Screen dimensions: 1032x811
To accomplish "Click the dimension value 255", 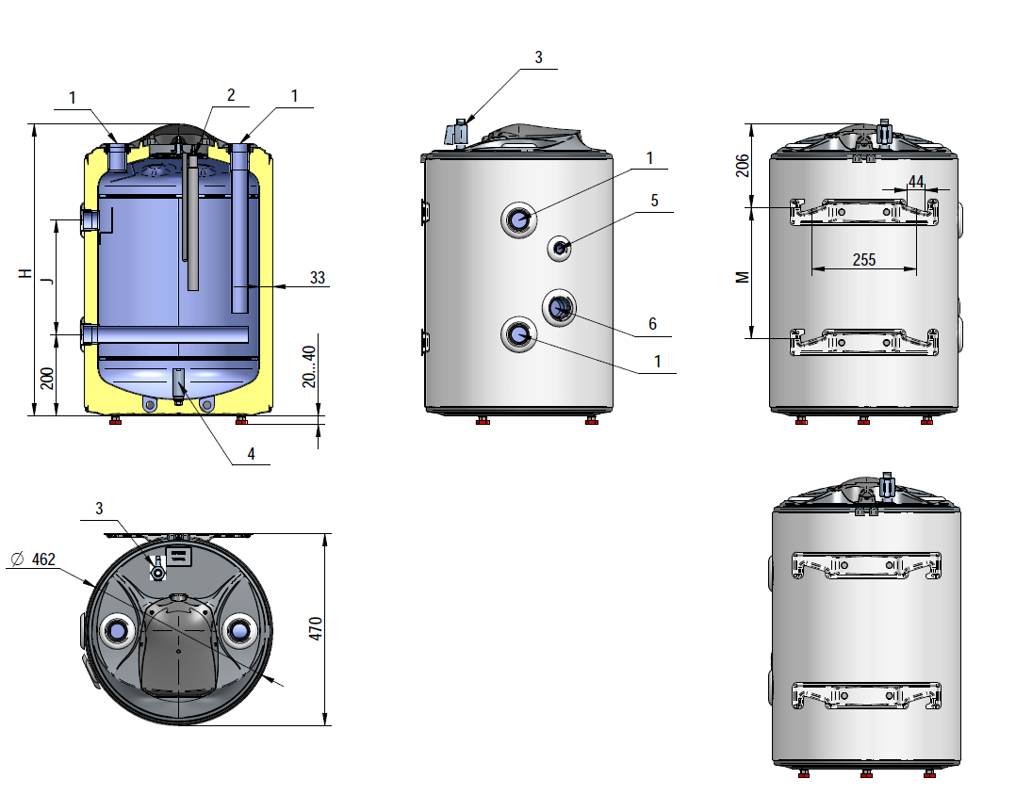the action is coord(864,260).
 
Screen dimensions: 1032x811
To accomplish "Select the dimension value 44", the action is coord(916,181).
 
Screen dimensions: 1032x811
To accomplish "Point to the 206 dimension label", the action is coord(743,165).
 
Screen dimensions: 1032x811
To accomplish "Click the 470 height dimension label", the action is coord(316,628).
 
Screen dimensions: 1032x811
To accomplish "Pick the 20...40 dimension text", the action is coord(309,366).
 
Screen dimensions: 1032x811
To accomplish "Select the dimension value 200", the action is coord(47,379).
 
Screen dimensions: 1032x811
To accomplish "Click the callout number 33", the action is coord(318,278).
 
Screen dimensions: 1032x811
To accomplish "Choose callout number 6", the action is coord(652,324).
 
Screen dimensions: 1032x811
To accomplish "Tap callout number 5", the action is coord(654,201).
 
